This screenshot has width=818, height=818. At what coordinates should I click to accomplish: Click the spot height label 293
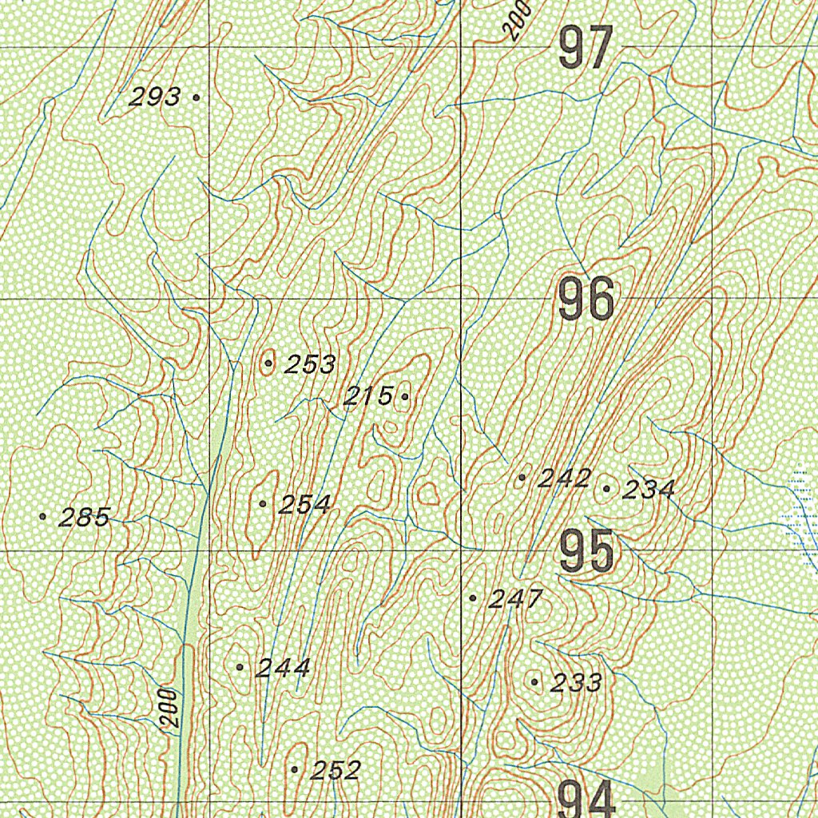point(155,97)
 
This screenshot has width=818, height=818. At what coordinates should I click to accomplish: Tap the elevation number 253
point(311,364)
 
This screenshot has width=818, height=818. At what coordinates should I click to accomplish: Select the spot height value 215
point(368,395)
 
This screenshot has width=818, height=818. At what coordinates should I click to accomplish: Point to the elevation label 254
point(304,504)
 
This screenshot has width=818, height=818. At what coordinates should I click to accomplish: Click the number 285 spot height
point(85,518)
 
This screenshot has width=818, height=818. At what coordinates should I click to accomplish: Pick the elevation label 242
point(564,478)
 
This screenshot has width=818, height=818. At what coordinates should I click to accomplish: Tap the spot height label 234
point(649,489)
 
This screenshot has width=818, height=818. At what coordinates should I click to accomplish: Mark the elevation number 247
point(516,598)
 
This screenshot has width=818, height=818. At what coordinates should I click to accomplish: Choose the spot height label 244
point(283,668)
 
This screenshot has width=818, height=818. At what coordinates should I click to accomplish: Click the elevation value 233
point(577,682)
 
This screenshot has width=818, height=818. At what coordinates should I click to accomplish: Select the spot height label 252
point(336,770)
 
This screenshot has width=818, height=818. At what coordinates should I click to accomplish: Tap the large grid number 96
point(586,300)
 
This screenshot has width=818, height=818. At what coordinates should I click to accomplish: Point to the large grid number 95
point(586,551)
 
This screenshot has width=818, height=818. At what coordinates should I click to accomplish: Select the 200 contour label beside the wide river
point(169,707)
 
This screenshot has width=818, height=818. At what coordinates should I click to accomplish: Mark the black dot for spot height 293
point(197,97)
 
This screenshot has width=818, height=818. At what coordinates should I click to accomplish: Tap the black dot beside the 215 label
point(405,396)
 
